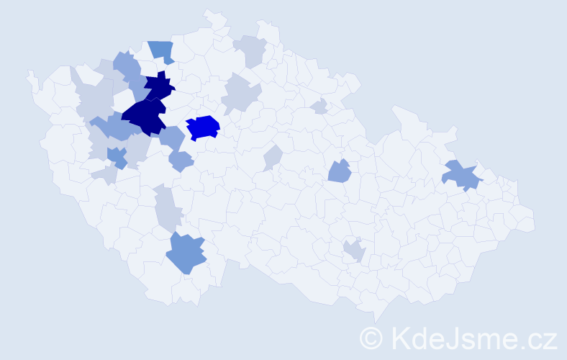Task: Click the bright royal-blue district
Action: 204,127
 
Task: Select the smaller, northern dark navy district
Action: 160,87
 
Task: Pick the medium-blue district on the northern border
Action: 162,51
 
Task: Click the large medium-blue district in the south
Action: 186,253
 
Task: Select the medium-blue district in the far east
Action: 462,175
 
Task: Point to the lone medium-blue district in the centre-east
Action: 339,171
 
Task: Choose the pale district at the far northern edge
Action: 250,50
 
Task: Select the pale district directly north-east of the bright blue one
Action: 241,94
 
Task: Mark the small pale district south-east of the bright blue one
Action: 272,158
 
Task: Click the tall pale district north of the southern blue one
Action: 167,207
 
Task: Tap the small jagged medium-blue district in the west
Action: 117,156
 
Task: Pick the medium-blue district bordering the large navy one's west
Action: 110,127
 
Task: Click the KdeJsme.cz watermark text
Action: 472,337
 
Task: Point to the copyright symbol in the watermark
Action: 371,338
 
